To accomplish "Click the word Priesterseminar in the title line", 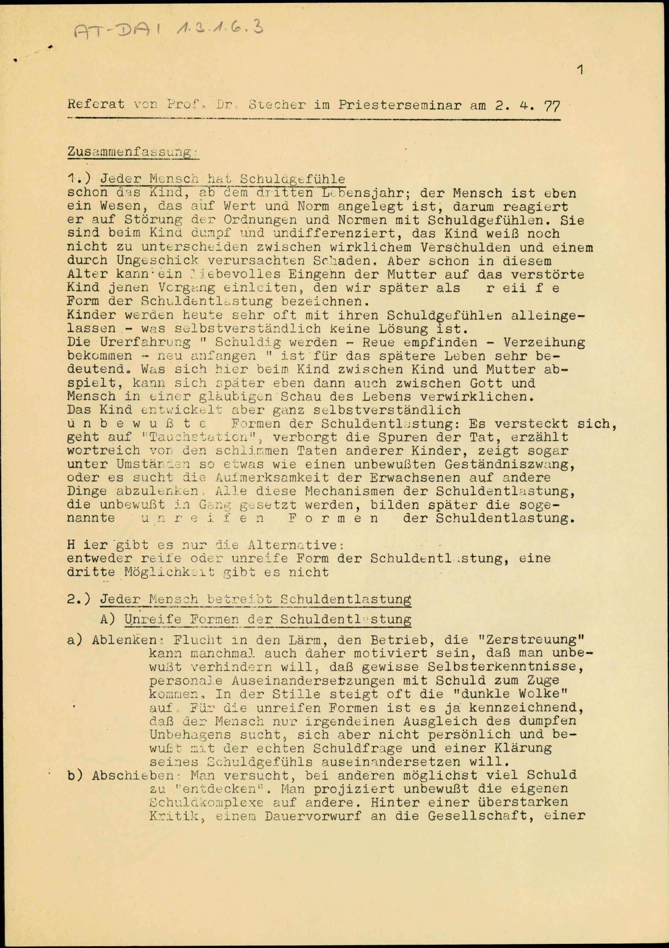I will pyautogui.click(x=399, y=105).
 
